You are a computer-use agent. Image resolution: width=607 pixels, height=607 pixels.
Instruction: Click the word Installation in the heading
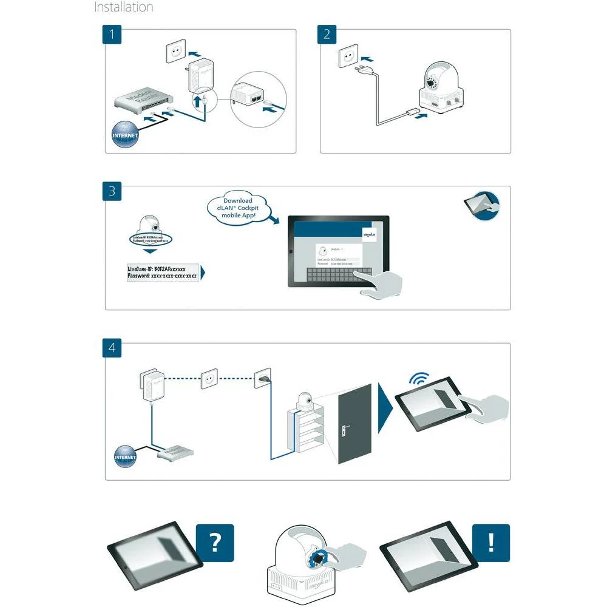point(124,8)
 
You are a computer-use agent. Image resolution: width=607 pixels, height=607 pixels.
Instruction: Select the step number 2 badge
point(327,34)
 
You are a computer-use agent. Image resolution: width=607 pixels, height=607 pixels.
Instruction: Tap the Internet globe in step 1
point(125,134)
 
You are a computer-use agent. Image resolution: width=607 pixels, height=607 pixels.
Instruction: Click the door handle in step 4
point(345,430)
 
